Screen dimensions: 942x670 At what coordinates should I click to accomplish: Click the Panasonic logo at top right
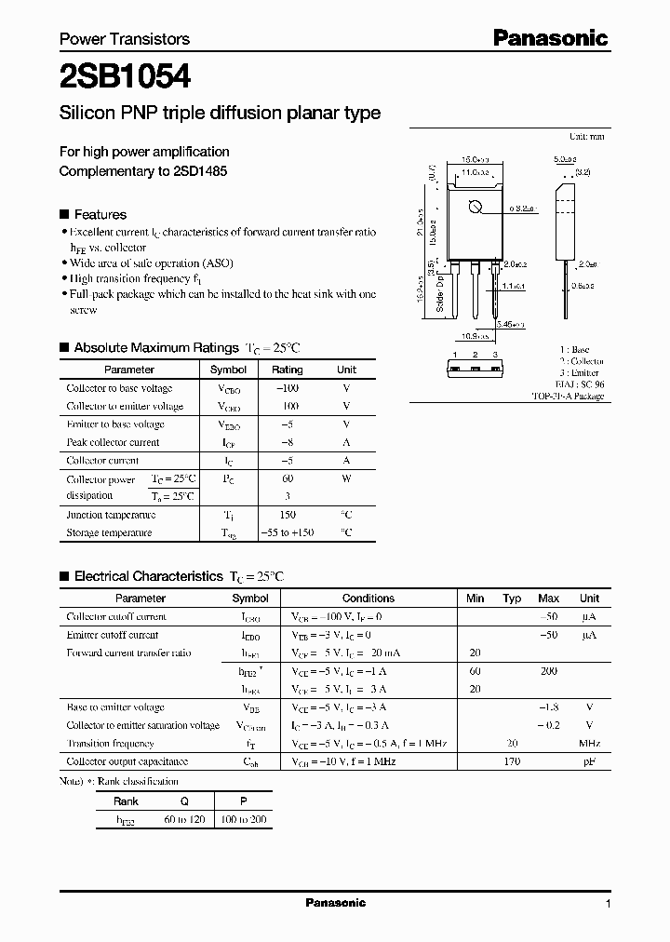(550, 38)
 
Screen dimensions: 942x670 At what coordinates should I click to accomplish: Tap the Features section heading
(100, 214)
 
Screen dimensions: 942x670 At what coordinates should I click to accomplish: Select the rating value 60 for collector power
(288, 478)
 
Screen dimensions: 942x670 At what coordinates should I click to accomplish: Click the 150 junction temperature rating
(288, 515)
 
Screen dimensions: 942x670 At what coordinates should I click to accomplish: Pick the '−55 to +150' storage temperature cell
(288, 532)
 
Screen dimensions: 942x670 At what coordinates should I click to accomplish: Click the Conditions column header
(368, 599)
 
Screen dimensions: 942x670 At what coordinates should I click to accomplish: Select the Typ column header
(512, 599)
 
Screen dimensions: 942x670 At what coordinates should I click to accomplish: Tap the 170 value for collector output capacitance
(512, 761)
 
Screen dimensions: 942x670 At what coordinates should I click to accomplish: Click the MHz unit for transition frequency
(589, 744)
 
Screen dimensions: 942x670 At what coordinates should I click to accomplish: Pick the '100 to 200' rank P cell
(244, 819)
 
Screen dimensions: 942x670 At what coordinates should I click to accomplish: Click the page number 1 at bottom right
(608, 904)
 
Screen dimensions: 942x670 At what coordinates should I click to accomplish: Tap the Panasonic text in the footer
(336, 903)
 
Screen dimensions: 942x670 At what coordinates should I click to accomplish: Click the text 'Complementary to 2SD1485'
(143, 171)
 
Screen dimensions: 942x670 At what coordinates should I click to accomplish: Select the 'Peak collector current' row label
(113, 442)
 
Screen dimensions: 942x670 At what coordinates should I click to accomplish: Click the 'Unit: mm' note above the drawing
(586, 136)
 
